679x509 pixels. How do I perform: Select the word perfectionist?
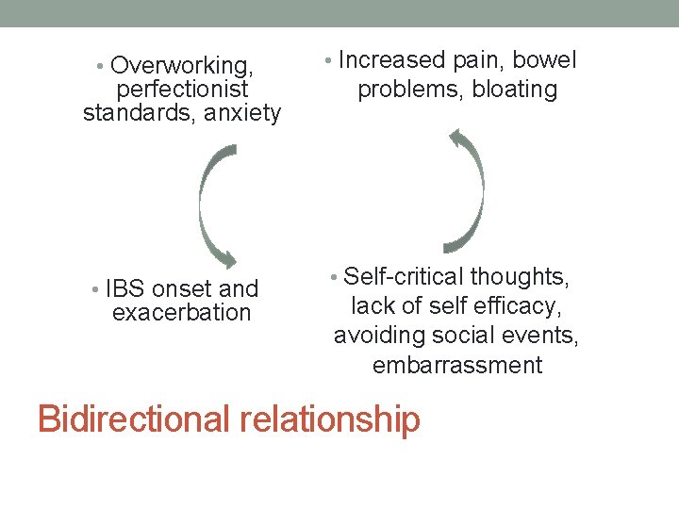[182, 90]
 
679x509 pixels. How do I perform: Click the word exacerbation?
[182, 312]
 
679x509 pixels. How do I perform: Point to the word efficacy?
[524, 306]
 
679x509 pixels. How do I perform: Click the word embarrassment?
[457, 365]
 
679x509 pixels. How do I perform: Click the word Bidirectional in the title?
[132, 419]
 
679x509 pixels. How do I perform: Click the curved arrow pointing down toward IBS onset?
[213, 203]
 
